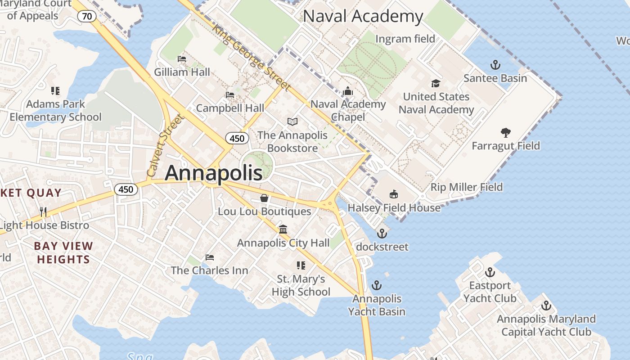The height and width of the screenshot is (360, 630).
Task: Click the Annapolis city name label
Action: tap(214, 173)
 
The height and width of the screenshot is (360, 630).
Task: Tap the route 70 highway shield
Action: tap(87, 17)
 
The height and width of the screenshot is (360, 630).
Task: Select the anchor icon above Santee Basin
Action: tap(495, 65)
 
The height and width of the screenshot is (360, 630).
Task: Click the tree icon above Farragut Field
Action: tap(505, 132)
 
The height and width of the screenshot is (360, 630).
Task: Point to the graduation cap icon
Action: tap(436, 83)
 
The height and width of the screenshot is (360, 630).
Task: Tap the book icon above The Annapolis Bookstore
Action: tap(292, 121)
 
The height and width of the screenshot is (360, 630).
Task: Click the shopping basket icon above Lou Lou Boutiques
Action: tap(264, 198)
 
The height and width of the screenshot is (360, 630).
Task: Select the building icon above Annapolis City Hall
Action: tap(283, 229)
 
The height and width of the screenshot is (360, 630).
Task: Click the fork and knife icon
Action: tap(43, 211)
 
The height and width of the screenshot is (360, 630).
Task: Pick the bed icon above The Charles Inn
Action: tap(210, 257)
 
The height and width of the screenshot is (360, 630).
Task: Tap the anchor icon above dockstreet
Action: tap(382, 233)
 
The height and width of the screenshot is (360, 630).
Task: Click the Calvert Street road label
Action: tap(166, 145)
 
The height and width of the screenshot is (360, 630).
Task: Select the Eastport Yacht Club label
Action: tap(490, 292)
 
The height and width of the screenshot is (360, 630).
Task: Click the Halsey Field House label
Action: tap(394, 207)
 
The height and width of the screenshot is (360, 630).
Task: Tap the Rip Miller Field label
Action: tap(467, 187)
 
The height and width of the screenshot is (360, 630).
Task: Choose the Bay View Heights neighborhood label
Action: tap(63, 252)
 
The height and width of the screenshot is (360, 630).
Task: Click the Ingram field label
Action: tap(405, 39)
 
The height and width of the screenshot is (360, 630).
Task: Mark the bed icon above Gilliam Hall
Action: tap(182, 59)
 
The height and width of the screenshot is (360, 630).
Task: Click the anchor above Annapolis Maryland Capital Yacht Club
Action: tap(546, 306)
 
